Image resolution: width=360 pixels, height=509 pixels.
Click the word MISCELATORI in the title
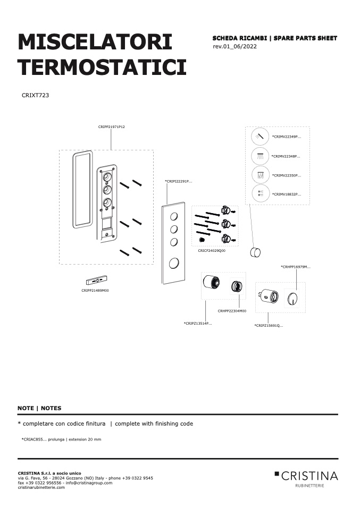pyautogui.click(x=95, y=42)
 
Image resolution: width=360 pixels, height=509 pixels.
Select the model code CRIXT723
pyautogui.click(x=35, y=95)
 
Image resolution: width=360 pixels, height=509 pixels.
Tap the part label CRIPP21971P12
pyautogui.click(x=112, y=127)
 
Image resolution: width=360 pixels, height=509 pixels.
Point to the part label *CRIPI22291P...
pyautogui.click(x=178, y=182)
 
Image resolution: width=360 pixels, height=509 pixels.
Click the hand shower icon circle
pyautogui.click(x=260, y=136)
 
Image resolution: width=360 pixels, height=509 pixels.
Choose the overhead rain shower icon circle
pyautogui.click(x=260, y=156)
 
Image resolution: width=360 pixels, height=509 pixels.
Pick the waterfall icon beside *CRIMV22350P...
pyautogui.click(x=261, y=175)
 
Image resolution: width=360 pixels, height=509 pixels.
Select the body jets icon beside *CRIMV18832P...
pyautogui.click(x=261, y=194)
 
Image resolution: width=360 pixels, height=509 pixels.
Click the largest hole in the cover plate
pyautogui.click(x=174, y=263)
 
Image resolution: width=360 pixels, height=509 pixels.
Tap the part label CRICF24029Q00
pyautogui.click(x=212, y=251)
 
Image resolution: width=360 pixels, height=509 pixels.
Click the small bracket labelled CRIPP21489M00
pyautogui.click(x=96, y=279)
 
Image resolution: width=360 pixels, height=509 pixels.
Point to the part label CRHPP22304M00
pyautogui.click(x=232, y=311)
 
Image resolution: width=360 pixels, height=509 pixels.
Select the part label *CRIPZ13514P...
pyautogui.click(x=198, y=324)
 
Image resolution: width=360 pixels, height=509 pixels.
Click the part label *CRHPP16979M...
pyautogui.click(x=296, y=267)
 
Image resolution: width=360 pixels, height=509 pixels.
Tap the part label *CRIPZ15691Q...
pyautogui.click(x=269, y=325)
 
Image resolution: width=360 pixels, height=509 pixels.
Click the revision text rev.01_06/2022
pyautogui.click(x=235, y=46)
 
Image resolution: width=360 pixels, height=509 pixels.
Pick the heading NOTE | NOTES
pyautogui.click(x=39, y=408)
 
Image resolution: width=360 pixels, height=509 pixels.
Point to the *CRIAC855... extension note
pyautogui.click(x=61, y=439)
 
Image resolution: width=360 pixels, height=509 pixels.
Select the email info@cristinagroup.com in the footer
pyautogui.click(x=89, y=483)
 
